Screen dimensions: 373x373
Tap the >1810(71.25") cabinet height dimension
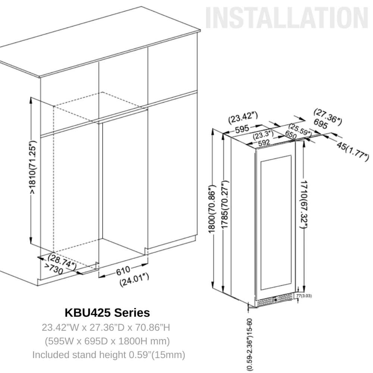pos(34,167)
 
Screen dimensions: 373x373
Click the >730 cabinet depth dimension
pos(54,269)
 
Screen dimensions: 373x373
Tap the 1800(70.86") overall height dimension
pos(212,209)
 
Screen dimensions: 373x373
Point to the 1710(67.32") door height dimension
pos(304,206)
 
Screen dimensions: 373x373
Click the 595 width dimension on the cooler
pos(242,129)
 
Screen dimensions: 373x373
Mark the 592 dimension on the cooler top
pos(264,142)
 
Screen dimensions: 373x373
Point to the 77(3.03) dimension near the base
pos(304,296)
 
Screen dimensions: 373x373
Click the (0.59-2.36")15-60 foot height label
pos(251,344)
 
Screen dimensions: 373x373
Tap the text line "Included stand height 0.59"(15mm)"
pos(109,355)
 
